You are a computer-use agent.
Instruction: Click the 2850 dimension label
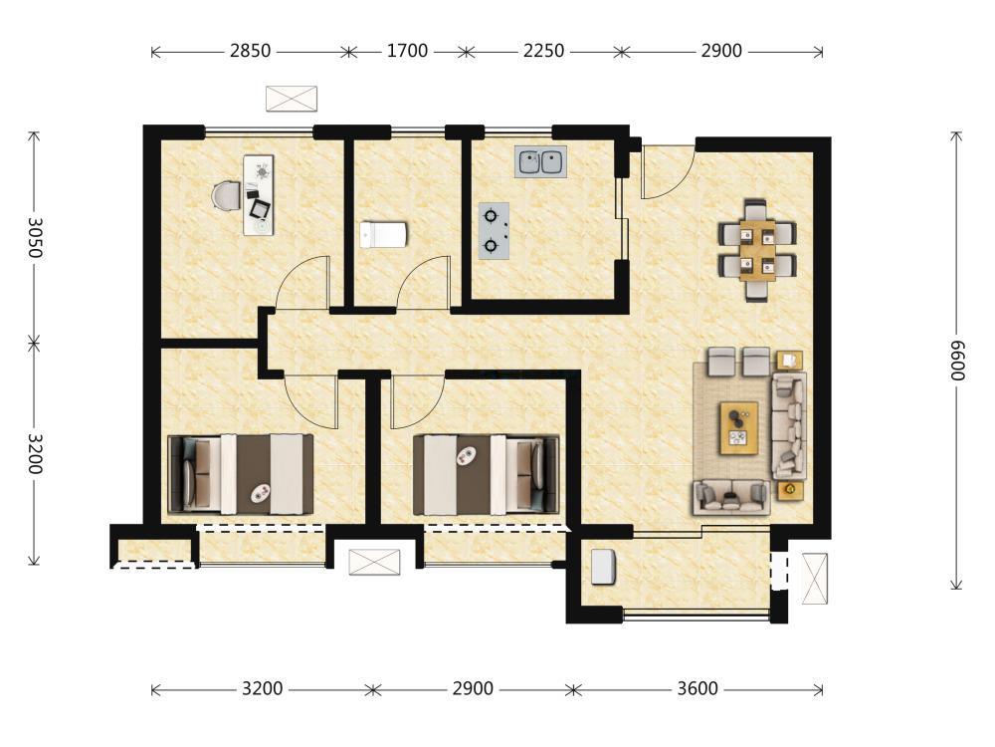[250, 51]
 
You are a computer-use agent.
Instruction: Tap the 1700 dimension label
[407, 51]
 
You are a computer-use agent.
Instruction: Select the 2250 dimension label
[544, 51]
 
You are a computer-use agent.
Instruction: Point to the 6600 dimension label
[957, 361]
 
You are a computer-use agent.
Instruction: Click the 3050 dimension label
[34, 238]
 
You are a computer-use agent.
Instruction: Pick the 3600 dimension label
[697, 688]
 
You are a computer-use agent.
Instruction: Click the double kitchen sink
[540, 162]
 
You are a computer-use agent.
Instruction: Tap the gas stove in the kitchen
[494, 231]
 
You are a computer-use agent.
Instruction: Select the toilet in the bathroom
[383, 234]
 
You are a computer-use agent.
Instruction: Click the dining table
[757, 250]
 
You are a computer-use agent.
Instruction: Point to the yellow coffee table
[738, 428]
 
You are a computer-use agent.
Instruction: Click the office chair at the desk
[227, 195]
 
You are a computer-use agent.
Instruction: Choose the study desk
[259, 195]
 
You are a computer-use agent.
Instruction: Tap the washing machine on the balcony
[604, 567]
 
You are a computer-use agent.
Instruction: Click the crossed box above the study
[292, 99]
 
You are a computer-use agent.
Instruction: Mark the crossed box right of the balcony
[815, 579]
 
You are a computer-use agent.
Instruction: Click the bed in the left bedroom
[241, 474]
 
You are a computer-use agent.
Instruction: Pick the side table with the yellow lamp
[790, 490]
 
